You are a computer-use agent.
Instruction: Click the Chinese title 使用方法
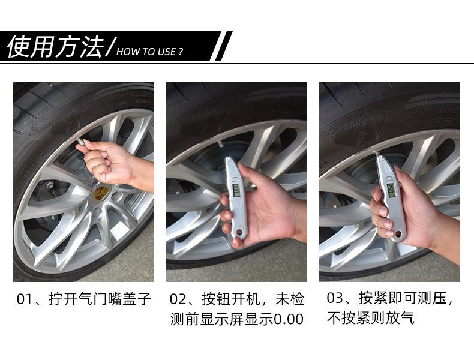pyautogui.click(x=54, y=47)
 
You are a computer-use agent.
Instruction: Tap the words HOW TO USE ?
pyautogui.click(x=149, y=52)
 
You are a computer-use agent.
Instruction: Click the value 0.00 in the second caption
pyautogui.click(x=289, y=319)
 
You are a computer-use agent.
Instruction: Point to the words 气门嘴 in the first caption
pyautogui.click(x=104, y=298)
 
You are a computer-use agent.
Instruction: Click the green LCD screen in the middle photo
pyautogui.click(x=235, y=190)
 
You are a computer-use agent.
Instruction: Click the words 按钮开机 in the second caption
pyautogui.click(x=233, y=298)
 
